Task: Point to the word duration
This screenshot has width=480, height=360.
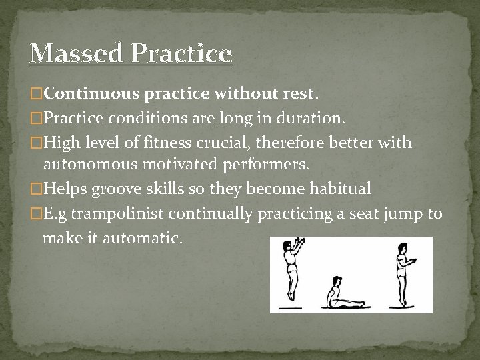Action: (x=315, y=119)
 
